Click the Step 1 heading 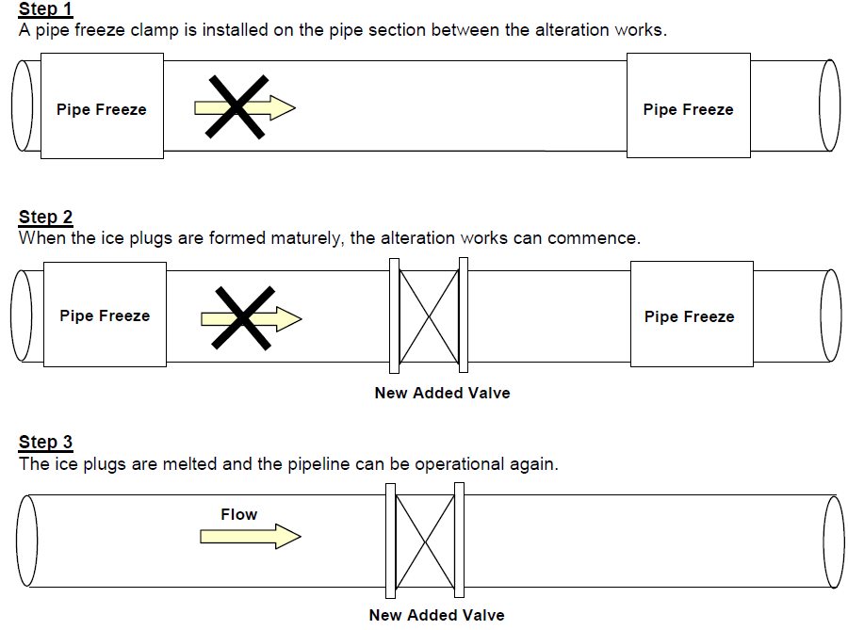[x=45, y=9]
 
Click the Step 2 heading [x=45, y=218]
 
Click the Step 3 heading [x=45, y=443]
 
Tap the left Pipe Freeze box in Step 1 [x=102, y=105]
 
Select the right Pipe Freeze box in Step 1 [x=689, y=105]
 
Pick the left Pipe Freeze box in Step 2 [x=105, y=315]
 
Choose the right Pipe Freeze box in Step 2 [x=692, y=314]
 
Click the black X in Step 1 [x=236, y=107]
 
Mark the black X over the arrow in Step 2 [x=243, y=317]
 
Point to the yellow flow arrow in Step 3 [x=251, y=536]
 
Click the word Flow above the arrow [x=239, y=514]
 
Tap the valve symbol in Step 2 [x=429, y=315]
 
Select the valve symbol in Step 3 [x=425, y=541]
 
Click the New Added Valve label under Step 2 [x=443, y=393]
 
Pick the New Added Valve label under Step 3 [x=437, y=615]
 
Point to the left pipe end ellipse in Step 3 [x=27, y=541]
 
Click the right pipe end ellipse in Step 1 [x=829, y=105]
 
